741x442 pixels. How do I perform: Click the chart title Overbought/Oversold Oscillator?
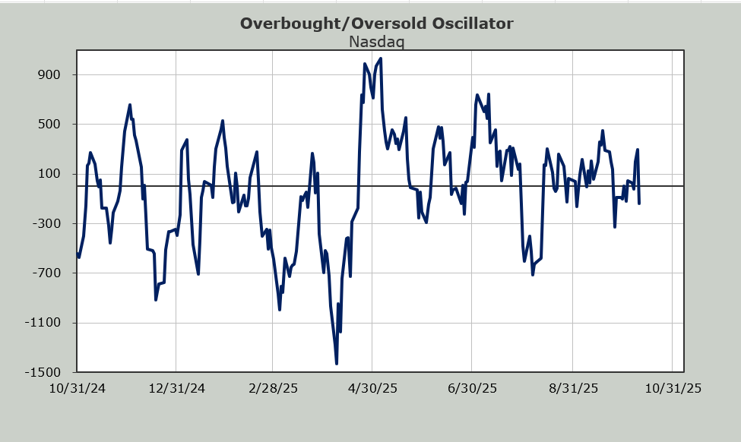point(376,23)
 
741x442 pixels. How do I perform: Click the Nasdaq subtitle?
point(376,41)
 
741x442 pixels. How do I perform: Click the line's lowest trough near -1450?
point(336,364)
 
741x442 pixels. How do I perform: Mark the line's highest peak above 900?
point(380,58)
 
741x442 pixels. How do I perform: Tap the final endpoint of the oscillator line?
point(639,203)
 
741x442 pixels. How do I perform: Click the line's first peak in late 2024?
point(130,105)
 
